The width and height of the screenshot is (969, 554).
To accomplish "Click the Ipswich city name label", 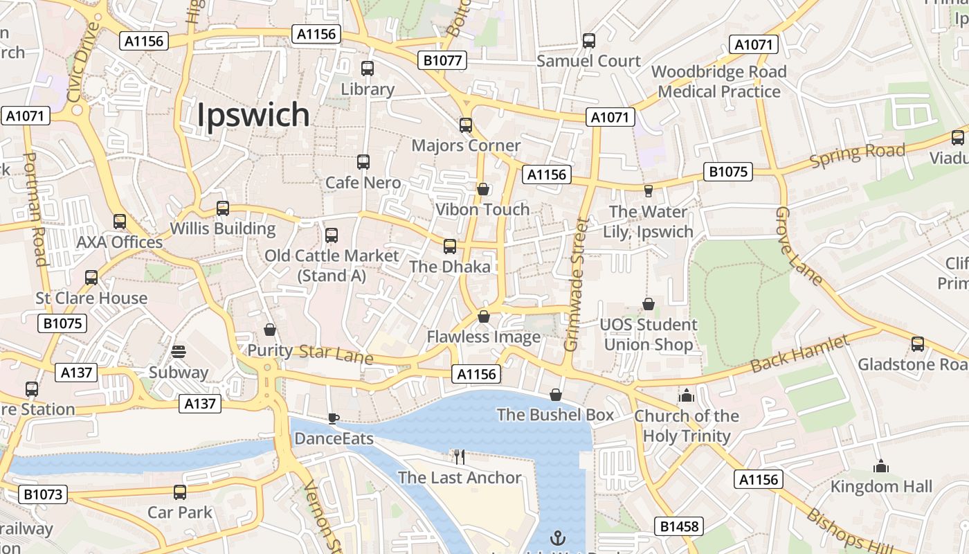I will click(253, 115).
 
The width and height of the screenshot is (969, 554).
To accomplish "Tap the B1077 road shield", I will click(442, 60).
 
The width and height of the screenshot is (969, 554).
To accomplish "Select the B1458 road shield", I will click(680, 526).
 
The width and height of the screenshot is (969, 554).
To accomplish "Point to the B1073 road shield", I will click(43, 494).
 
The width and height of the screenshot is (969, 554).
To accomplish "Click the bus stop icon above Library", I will click(368, 69).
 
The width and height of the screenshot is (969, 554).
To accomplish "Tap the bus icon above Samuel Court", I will click(589, 41).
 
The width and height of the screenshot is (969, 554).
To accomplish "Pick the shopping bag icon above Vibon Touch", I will click(483, 189).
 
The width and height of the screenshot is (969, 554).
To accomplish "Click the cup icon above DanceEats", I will click(333, 418).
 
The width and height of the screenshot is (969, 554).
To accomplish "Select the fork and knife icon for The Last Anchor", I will click(459, 456).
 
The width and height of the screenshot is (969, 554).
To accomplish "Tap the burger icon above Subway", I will click(178, 352).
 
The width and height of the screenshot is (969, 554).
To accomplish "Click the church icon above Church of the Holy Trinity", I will click(687, 395).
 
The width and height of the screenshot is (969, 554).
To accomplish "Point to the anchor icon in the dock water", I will click(557, 537).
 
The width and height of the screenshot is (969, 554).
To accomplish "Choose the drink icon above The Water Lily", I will click(649, 190).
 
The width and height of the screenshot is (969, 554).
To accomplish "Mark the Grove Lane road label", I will click(798, 247).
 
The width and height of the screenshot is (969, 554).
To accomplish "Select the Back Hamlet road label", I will click(799, 353).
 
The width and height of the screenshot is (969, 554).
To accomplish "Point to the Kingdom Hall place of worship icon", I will click(881, 466).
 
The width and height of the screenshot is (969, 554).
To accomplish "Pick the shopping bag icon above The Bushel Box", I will click(555, 395).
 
